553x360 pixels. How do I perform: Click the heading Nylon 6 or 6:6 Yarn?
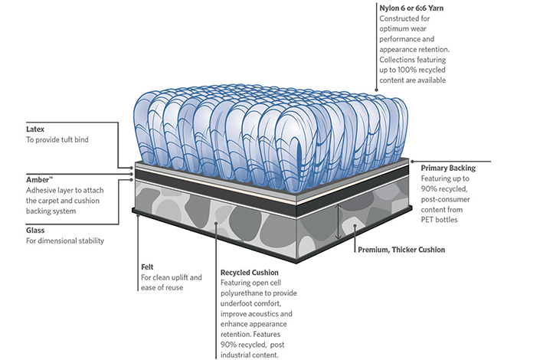[x=411, y=8]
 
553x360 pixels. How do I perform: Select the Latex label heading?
[x=36, y=129]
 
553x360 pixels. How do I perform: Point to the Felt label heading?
[x=148, y=267]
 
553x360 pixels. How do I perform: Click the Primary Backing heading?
[x=448, y=168]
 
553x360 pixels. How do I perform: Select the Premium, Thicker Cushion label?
[x=401, y=250]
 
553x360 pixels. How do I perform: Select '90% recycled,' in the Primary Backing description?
[x=447, y=188]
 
